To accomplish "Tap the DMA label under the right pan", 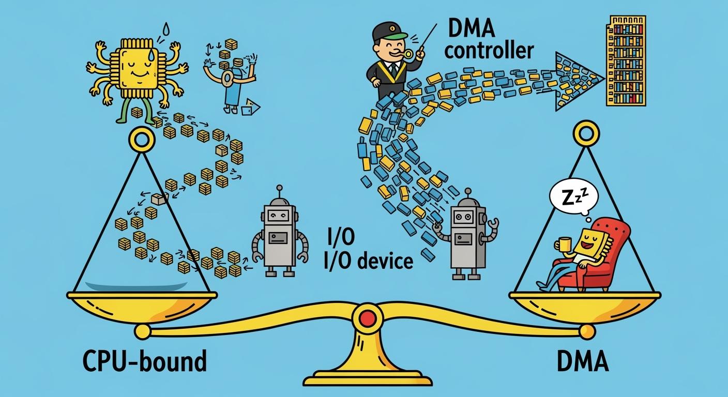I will point(583,361).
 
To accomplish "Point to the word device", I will point(385,261).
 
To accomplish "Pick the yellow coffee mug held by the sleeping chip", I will point(565,243).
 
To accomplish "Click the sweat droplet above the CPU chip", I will point(166,28).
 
